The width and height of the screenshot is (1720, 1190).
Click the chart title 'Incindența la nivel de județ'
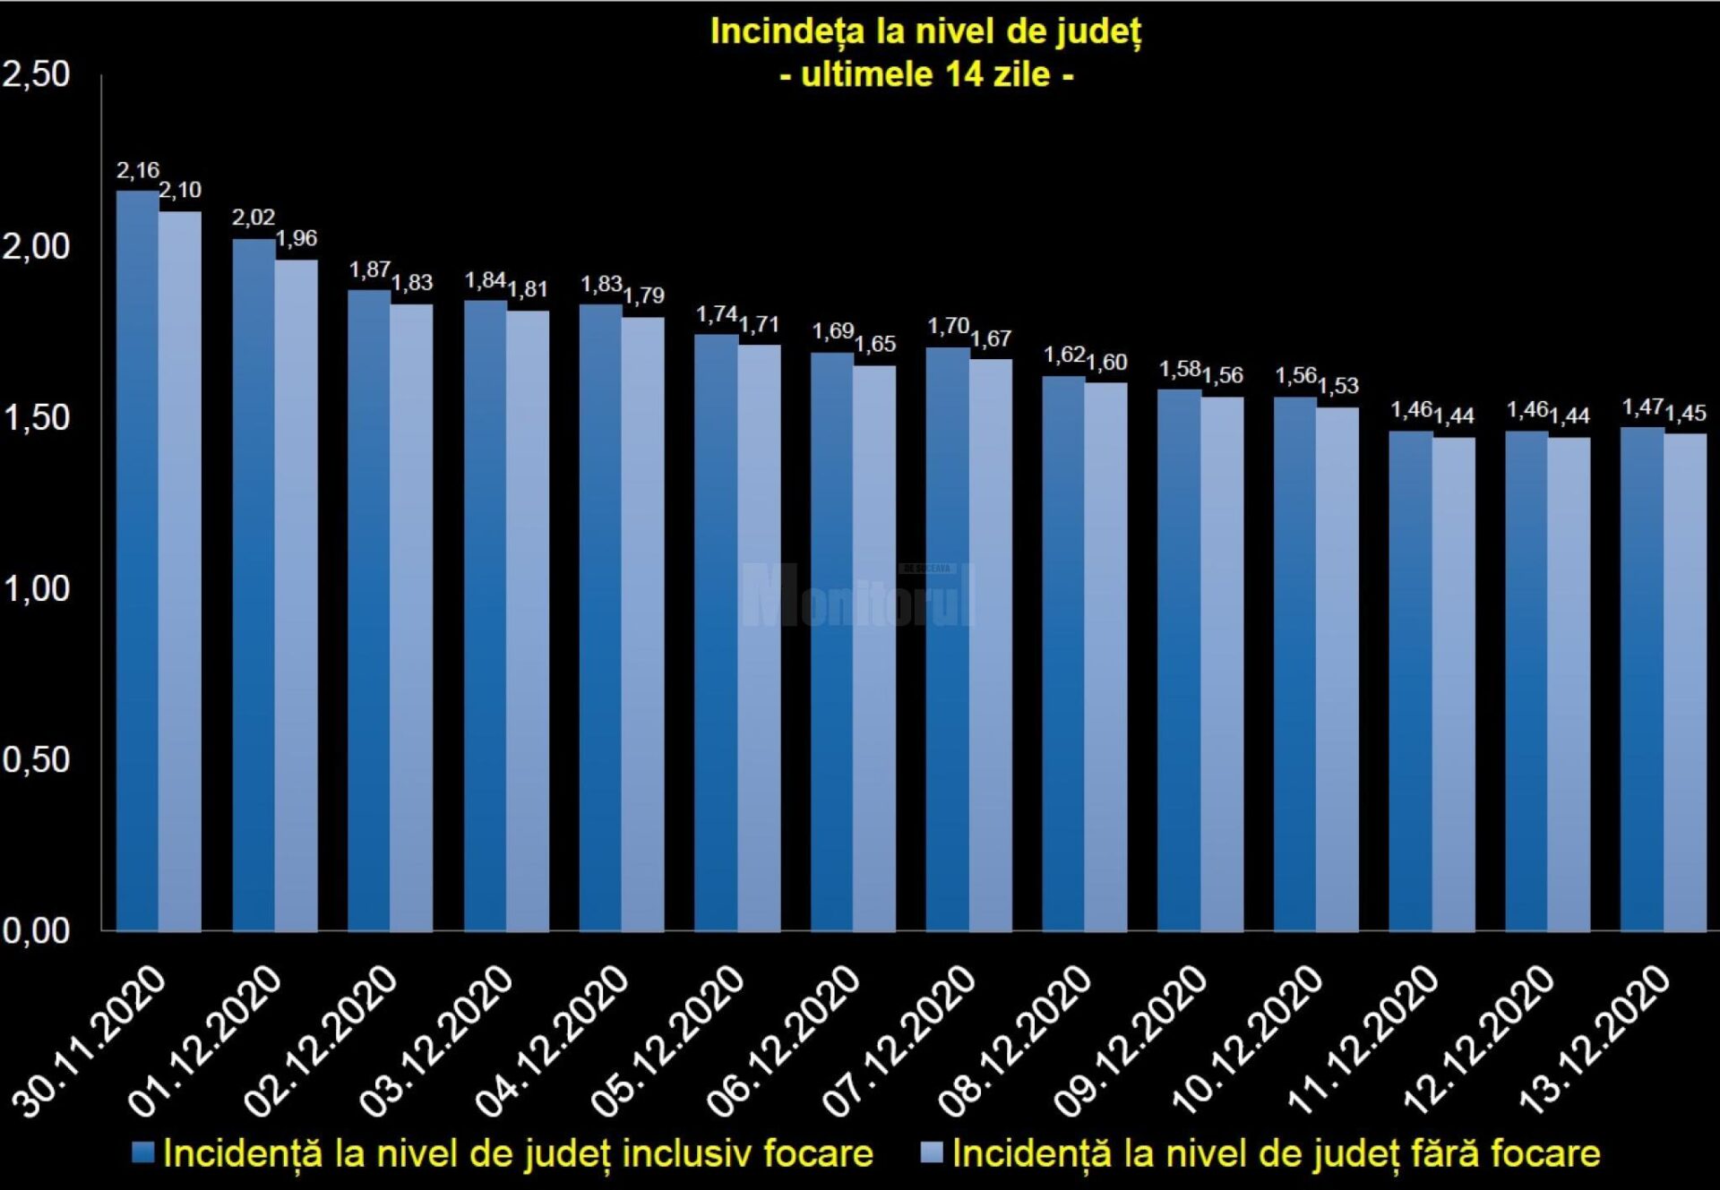click(x=925, y=32)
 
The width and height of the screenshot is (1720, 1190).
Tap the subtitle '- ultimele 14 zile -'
click(x=926, y=74)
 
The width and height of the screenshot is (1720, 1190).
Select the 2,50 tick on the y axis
click(x=36, y=74)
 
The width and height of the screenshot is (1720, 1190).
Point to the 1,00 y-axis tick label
click(x=36, y=589)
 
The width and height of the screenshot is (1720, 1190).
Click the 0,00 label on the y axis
click(x=36, y=931)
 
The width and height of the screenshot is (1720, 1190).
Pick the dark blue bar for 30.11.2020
click(x=137, y=564)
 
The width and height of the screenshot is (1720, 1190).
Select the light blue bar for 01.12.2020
click(x=297, y=600)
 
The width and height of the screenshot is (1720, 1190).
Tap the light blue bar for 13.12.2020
click(x=1685, y=685)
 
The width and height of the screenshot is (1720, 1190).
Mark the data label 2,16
click(x=138, y=170)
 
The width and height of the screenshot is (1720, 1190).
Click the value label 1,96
click(x=297, y=238)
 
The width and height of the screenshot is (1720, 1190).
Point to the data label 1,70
click(x=949, y=326)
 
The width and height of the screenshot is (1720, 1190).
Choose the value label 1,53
click(x=1338, y=386)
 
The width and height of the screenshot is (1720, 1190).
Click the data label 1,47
click(x=1643, y=407)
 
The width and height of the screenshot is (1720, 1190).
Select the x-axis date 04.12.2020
click(x=553, y=1040)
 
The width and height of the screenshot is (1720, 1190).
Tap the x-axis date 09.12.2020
click(x=1131, y=1040)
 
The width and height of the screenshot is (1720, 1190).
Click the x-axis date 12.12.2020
click(x=1479, y=1040)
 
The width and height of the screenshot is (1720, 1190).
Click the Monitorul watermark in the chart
click(x=858, y=595)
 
